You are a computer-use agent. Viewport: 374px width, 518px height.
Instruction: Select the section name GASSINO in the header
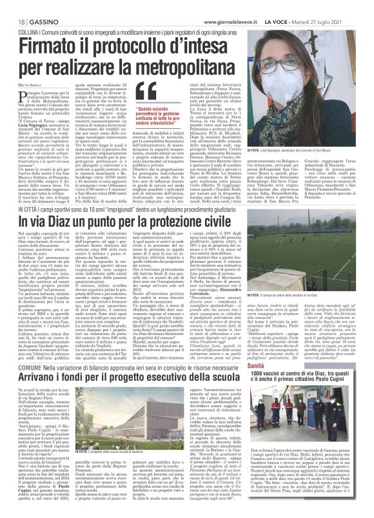38,5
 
